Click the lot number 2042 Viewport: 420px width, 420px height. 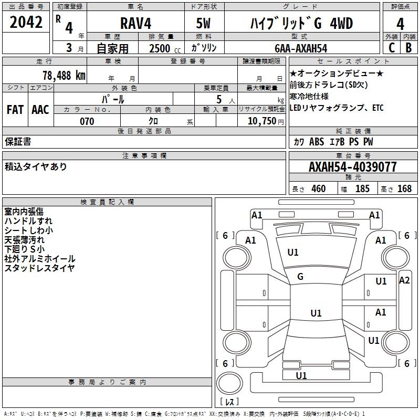click(x=26, y=23)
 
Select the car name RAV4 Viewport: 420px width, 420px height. click(x=136, y=24)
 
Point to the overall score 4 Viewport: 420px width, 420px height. click(x=400, y=24)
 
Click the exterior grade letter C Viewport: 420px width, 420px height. click(x=391, y=47)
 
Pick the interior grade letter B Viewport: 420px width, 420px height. click(x=408, y=47)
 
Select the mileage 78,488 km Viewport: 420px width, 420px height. click(x=64, y=75)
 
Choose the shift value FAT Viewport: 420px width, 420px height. click(x=15, y=110)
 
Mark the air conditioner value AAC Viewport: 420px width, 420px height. click(x=40, y=110)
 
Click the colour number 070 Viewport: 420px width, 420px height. click(x=87, y=121)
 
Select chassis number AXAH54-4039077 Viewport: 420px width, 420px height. click(x=353, y=167)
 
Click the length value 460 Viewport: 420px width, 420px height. click(x=318, y=188)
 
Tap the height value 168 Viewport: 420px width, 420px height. click(x=404, y=188)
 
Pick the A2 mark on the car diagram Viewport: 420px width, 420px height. click(x=404, y=280)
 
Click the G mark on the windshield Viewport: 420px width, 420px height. click(x=300, y=277)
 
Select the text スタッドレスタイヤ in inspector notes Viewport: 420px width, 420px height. click(x=39, y=268)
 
